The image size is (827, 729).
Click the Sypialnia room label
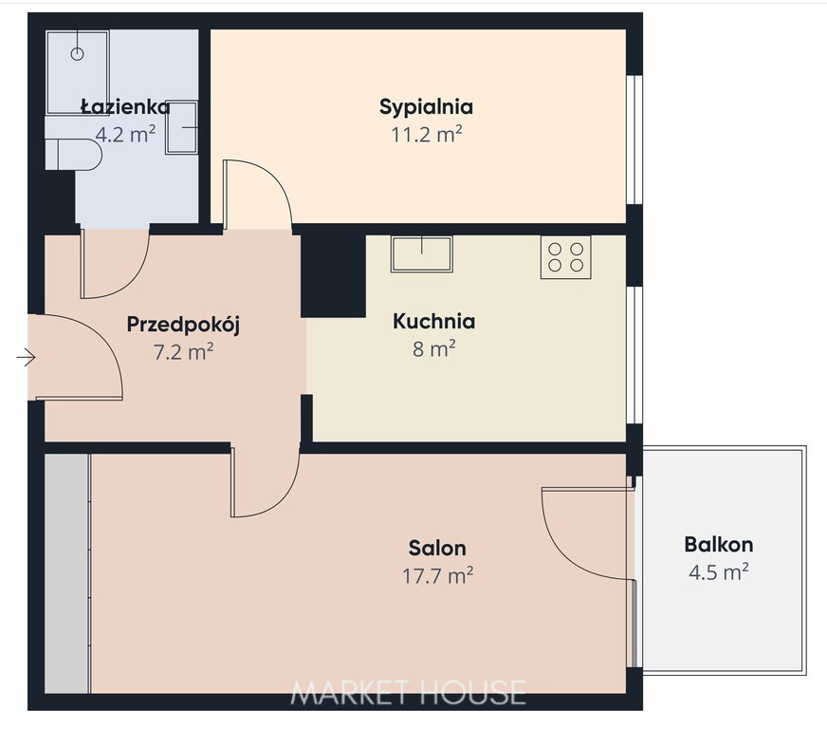[426, 107]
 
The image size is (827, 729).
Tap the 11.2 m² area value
[426, 135]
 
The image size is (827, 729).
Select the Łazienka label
[125, 106]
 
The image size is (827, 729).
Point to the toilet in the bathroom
[73, 154]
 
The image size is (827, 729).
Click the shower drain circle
[77, 53]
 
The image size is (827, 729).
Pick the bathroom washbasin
[182, 127]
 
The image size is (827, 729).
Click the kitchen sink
[421, 253]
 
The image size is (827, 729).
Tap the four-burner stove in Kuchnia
[565, 257]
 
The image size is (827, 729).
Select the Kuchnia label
[434, 321]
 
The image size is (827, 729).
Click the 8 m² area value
[434, 348]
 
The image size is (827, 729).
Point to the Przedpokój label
[184, 324]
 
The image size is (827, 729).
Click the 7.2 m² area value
[184, 351]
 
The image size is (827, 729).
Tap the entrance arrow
[26, 358]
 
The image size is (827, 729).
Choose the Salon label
[437, 548]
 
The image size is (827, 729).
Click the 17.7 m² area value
[437, 575]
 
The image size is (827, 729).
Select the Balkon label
[718, 544]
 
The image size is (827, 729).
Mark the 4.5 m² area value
[718, 571]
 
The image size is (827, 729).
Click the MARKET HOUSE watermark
[408, 692]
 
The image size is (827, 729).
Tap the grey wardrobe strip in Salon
[67, 573]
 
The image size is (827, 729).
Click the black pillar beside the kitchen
[333, 276]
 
